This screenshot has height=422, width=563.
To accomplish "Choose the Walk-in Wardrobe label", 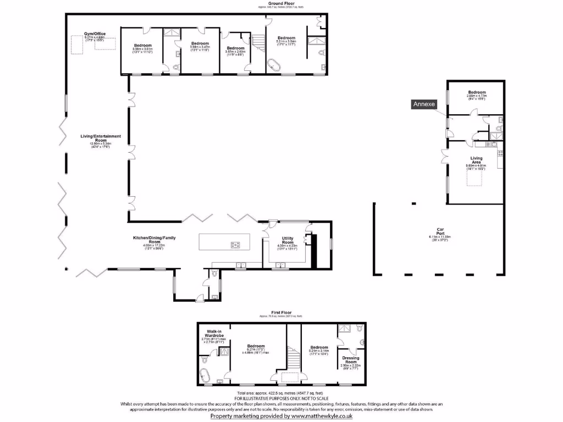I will [x=214, y=333].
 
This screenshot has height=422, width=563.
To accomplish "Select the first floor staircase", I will [x=294, y=359].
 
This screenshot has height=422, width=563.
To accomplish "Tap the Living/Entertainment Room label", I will [x=100, y=138].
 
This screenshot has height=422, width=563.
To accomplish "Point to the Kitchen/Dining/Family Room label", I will [x=146, y=240].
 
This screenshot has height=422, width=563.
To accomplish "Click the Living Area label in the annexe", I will [x=476, y=160].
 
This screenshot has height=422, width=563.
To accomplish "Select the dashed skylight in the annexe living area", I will [x=476, y=177].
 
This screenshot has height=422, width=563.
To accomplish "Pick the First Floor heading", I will [x=281, y=312].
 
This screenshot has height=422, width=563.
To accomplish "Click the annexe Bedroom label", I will [x=477, y=92].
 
